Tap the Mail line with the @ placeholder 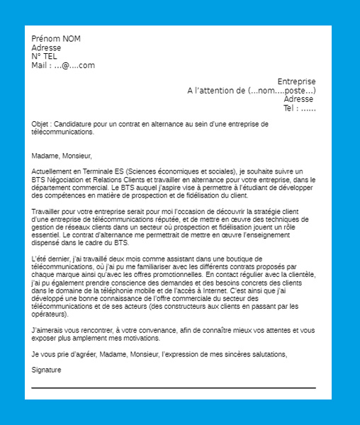pos(63,66)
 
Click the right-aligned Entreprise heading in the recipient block pos(296,82)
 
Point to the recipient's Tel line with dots pos(299,108)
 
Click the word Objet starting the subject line pos(40,124)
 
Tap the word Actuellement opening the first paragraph pos(55,172)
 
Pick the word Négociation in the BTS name pos(69,180)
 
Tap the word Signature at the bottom pos(47,370)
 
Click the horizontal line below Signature pos(174,388)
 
